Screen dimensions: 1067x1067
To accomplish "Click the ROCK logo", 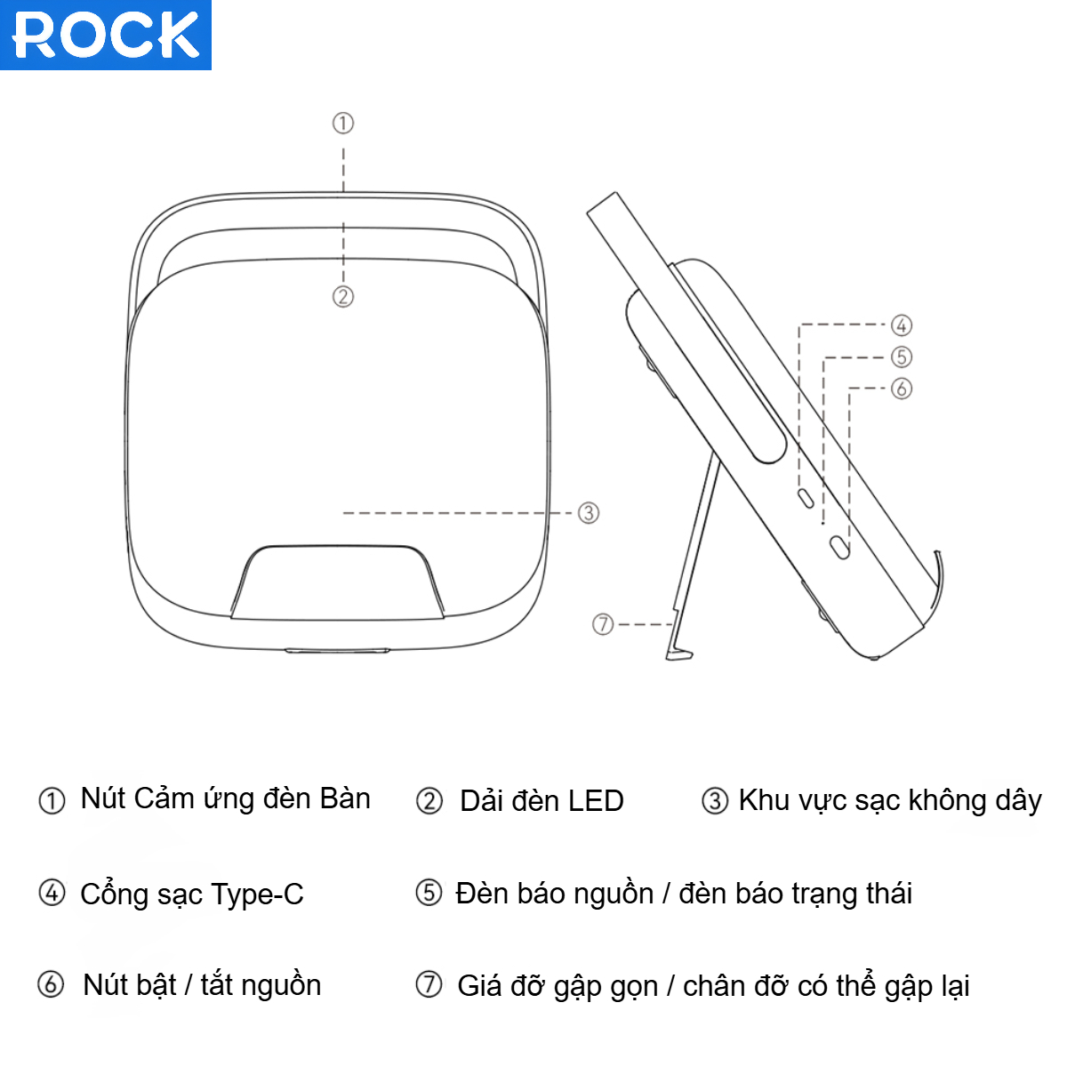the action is click(x=106, y=35).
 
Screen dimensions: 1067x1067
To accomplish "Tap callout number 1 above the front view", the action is click(x=343, y=123).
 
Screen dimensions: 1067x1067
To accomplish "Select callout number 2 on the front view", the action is click(x=343, y=296).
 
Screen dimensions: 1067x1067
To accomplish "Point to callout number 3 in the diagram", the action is click(x=589, y=513).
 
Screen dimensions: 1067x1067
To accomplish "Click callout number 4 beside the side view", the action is click(x=902, y=325).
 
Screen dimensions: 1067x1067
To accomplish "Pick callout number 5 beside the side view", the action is click(x=902, y=357).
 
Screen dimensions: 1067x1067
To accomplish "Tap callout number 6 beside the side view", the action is click(x=902, y=389).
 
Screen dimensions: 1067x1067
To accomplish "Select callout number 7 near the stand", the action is click(x=603, y=624).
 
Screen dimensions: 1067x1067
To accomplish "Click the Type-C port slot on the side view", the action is click(x=806, y=498).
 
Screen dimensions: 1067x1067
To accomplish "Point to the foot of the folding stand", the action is click(x=678, y=654).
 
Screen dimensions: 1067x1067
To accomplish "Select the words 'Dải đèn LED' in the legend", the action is click(x=542, y=801).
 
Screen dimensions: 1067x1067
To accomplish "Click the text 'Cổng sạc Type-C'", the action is click(x=192, y=894).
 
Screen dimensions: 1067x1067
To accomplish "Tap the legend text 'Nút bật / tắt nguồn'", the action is click(x=202, y=985).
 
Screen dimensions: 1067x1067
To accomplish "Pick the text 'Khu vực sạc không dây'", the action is click(x=890, y=800).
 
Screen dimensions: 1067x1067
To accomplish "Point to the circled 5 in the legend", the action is click(x=429, y=892).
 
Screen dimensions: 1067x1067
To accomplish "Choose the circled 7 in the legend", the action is click(x=429, y=984).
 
